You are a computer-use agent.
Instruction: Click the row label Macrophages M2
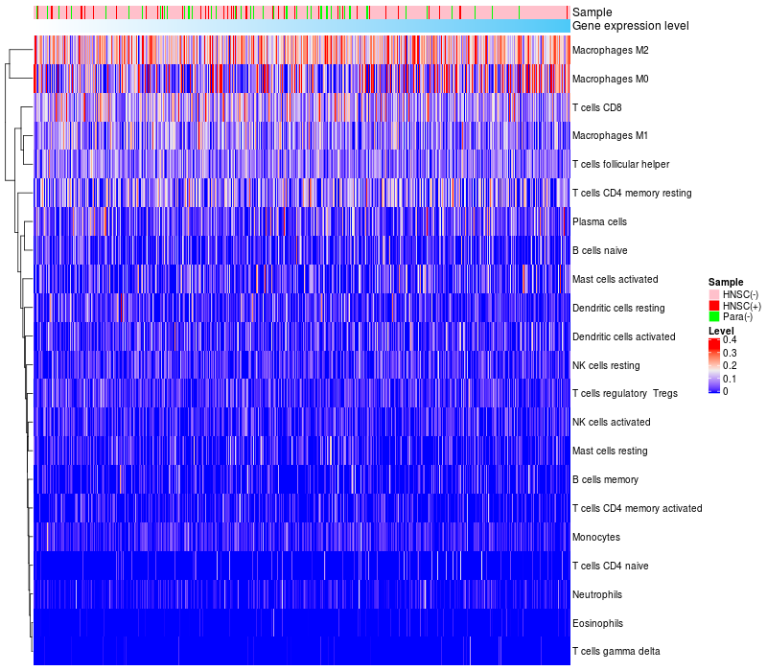point(610,50)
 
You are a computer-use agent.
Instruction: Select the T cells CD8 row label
point(602,107)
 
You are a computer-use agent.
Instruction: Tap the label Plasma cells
point(599,221)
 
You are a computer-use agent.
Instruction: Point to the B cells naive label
point(600,250)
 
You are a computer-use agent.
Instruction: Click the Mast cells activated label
point(615,279)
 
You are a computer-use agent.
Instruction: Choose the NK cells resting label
point(606,365)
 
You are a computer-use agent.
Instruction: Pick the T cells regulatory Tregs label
point(624,394)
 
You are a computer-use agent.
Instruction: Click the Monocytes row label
point(595,537)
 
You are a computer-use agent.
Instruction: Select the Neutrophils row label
point(598,594)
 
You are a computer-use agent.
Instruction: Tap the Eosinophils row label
point(597,623)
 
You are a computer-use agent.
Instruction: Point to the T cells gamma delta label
point(616,652)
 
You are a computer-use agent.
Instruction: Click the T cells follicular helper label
point(620,164)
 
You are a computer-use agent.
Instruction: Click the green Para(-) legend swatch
point(713,317)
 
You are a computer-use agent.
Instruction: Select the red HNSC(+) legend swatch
point(713,306)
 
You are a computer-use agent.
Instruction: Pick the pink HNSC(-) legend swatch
point(713,293)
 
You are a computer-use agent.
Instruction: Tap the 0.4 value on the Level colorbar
point(730,340)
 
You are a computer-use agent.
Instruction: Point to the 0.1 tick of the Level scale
point(730,379)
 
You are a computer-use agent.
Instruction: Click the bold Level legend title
point(721,331)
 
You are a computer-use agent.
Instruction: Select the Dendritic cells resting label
point(618,308)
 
